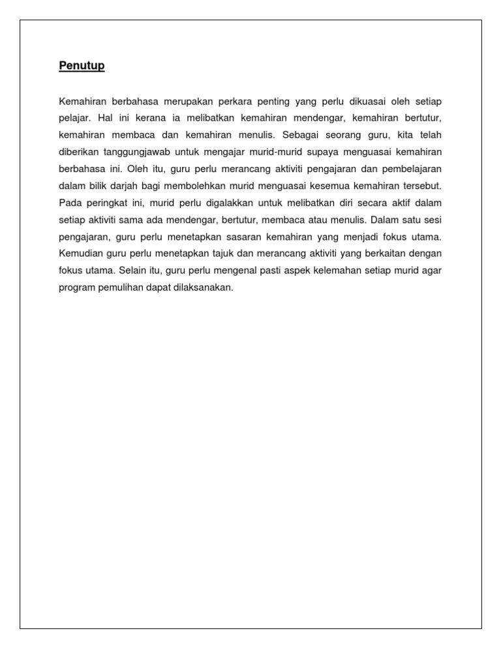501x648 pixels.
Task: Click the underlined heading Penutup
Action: pos(82,66)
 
